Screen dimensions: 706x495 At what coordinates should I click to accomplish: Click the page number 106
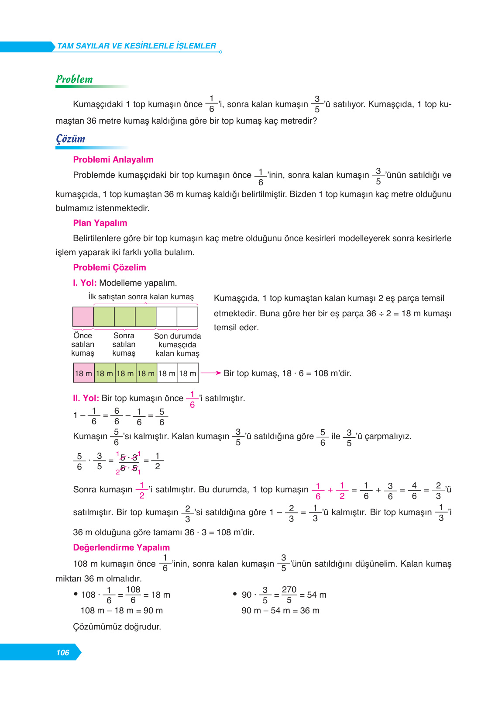[63, 653]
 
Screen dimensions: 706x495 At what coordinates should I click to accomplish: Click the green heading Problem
[74, 80]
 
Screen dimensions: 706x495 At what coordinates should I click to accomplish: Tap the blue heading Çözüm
[70, 139]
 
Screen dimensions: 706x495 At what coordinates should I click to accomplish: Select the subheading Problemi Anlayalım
[113, 160]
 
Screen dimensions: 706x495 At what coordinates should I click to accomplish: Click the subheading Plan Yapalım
[100, 223]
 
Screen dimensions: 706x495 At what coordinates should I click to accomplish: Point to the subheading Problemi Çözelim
[110, 268]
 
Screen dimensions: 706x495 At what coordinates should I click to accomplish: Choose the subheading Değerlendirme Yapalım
[121, 548]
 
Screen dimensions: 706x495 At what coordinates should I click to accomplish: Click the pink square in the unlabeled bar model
[83, 317]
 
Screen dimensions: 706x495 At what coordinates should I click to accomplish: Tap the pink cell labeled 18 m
[83, 374]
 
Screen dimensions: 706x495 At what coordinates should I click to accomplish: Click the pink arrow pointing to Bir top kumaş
[211, 373]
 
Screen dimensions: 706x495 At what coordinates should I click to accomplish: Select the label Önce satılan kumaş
[82, 344]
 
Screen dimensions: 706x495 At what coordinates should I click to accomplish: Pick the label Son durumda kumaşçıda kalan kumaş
[177, 345]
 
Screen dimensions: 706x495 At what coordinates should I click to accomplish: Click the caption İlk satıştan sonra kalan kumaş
[141, 297]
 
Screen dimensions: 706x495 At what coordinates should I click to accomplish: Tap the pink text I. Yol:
[85, 283]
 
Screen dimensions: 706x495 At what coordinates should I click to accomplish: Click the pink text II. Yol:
[86, 398]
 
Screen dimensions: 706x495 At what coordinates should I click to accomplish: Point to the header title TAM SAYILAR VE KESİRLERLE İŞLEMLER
[137, 46]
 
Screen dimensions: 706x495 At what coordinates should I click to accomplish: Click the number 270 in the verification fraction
[289, 590]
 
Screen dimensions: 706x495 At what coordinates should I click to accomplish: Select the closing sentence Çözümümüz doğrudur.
[117, 627]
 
